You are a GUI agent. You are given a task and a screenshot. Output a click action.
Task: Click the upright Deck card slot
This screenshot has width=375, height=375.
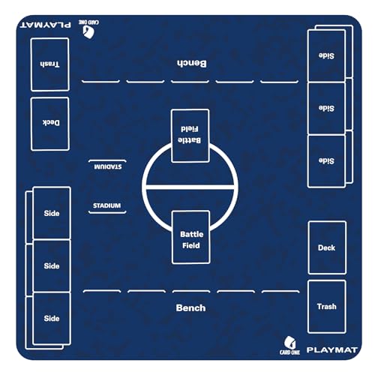(x=327, y=247)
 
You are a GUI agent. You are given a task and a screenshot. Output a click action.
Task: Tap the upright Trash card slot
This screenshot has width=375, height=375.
(x=327, y=307)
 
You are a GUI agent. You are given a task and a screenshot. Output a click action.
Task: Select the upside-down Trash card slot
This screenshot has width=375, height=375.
(x=49, y=64)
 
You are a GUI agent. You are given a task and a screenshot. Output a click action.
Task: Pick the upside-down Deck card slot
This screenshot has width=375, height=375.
(x=50, y=124)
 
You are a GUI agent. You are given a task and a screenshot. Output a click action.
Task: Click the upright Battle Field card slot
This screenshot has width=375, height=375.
(x=191, y=237)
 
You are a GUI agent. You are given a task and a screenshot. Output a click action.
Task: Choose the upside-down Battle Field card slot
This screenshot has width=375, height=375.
(x=190, y=136)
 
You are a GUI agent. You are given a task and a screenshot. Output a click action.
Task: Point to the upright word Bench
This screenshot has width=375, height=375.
(x=190, y=307)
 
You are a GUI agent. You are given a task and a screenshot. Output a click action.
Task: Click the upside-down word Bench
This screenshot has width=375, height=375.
(x=192, y=64)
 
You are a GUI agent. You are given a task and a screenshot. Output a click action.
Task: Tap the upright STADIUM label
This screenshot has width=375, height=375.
(x=106, y=205)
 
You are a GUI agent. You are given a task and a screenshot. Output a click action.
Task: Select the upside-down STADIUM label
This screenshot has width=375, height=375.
(x=108, y=166)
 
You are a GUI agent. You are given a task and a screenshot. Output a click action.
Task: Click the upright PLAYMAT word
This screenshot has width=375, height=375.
(x=332, y=349)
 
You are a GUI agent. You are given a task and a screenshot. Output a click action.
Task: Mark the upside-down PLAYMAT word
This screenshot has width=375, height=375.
(x=46, y=25)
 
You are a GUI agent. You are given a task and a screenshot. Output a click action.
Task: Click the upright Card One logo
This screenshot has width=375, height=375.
(x=289, y=345)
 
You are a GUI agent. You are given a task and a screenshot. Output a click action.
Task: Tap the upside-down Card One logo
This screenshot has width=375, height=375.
(x=88, y=29)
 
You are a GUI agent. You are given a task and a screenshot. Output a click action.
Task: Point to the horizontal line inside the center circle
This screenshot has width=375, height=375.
(x=190, y=187)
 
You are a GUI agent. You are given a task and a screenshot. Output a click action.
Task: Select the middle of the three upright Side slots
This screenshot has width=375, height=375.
(x=52, y=265)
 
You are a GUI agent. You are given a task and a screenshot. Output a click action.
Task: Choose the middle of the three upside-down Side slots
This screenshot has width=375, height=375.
(x=326, y=108)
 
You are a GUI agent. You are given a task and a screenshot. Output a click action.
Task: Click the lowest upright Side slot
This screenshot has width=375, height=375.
(x=52, y=318)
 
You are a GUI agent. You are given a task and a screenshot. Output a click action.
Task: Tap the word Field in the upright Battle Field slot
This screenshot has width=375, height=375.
(x=191, y=245)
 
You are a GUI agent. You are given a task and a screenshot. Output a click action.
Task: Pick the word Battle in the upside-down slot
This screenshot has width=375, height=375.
(x=189, y=140)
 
